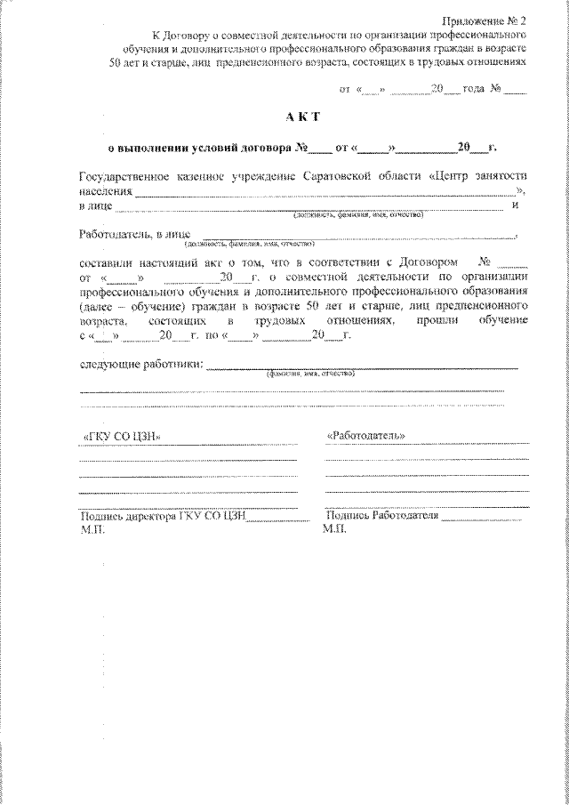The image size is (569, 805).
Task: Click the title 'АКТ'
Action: (302, 117)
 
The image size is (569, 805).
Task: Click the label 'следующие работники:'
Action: (141, 364)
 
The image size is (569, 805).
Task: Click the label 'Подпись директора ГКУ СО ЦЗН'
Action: (162, 516)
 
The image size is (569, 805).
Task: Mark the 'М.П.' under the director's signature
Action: (92, 528)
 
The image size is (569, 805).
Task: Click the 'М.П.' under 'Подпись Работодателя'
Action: (336, 528)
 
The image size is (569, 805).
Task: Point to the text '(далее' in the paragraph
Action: (97, 305)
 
